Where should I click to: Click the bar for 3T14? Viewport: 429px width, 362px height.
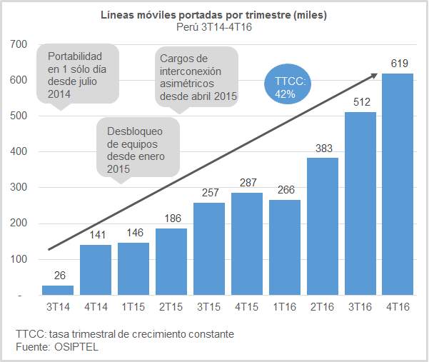(x=58, y=290)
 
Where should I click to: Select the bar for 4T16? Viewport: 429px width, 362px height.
(x=398, y=184)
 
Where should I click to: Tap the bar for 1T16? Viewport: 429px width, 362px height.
(x=285, y=247)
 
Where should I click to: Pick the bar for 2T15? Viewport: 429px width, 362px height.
(x=171, y=261)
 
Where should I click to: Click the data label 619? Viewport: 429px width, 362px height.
(x=398, y=64)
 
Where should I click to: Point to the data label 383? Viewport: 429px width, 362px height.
(x=323, y=148)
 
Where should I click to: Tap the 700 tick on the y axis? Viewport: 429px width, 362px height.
(x=19, y=44)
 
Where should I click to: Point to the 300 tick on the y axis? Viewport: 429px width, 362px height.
(x=19, y=188)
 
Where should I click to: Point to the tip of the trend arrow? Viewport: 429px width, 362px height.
(x=376, y=74)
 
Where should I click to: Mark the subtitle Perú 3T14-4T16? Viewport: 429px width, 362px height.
(x=214, y=26)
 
